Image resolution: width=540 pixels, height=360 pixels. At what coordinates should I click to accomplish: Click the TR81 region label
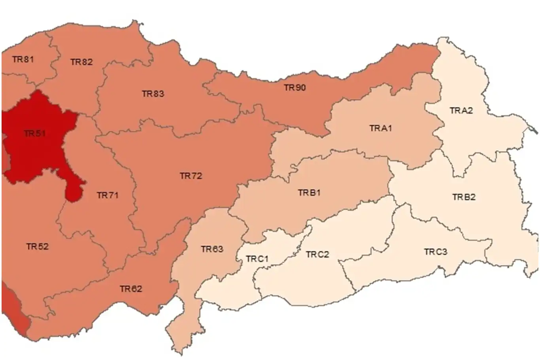[x=23, y=59]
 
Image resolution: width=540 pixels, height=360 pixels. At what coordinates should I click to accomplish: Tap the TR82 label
[x=81, y=62]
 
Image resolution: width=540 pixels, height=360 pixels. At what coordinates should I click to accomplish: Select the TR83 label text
[x=153, y=94]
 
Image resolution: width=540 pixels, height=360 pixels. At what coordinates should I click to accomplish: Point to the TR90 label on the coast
[x=295, y=87]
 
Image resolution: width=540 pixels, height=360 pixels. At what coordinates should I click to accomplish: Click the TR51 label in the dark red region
[x=34, y=133]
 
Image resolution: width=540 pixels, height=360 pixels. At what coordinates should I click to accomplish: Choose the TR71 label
[x=108, y=195]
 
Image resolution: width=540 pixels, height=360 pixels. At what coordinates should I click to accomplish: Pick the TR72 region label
[x=191, y=176]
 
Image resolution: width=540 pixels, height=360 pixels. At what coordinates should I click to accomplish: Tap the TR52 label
[x=37, y=246]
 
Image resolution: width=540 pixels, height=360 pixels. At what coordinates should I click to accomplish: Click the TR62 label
[x=131, y=289]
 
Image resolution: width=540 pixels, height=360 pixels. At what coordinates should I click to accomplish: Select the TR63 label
[x=212, y=249]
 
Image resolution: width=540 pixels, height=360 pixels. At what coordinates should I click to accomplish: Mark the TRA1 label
[x=381, y=128]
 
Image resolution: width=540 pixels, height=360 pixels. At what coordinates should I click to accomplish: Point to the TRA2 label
[x=461, y=110]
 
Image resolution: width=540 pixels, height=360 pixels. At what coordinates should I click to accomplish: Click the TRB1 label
[x=309, y=193]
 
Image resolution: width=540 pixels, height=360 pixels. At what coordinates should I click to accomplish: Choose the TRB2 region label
[x=464, y=197]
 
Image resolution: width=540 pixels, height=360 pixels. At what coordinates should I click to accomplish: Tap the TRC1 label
[x=257, y=259]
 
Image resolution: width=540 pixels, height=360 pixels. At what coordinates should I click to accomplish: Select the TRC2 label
[x=317, y=254]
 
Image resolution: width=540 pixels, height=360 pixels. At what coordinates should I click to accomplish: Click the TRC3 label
[x=436, y=252]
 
